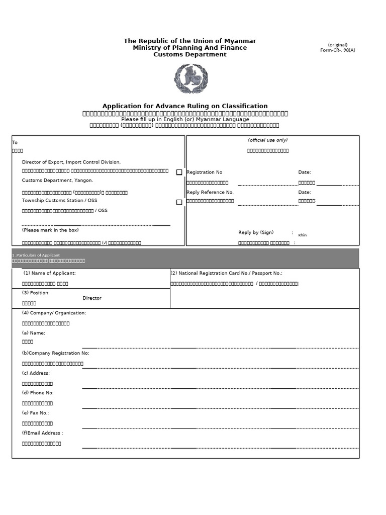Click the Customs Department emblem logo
point(190,79)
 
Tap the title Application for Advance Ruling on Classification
point(185,106)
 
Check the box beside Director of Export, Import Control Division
point(179,172)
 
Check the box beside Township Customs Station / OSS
point(179,202)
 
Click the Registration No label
point(204,173)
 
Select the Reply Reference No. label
point(210,192)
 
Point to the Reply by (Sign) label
point(256,232)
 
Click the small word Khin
point(302,235)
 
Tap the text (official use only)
point(267,140)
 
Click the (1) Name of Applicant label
point(50,273)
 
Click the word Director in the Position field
point(92,298)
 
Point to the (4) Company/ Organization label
point(54,313)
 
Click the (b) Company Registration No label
point(55,353)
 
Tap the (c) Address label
point(36,373)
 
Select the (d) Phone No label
point(38,393)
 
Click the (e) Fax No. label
point(35,413)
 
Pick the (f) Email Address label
point(42,433)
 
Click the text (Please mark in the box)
point(50,230)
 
